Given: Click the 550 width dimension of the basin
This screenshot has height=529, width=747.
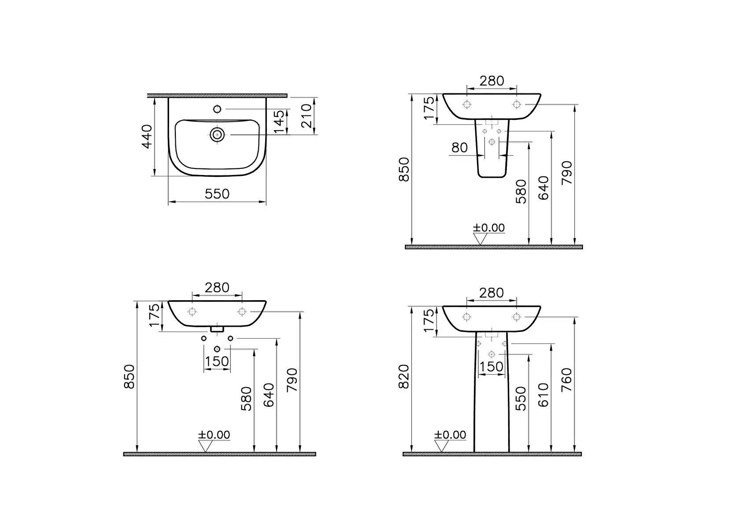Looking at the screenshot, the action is pyautogui.click(x=217, y=194).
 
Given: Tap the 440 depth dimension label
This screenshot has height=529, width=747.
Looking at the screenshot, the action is pyautogui.click(x=147, y=137).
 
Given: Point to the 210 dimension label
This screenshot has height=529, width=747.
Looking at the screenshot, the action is pyautogui.click(x=306, y=116).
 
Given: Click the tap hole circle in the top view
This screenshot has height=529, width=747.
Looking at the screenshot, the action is pyautogui.click(x=217, y=109).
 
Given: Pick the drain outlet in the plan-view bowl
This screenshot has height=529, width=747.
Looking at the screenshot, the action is pyautogui.click(x=217, y=134).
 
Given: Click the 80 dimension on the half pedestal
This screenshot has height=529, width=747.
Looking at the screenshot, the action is pyautogui.click(x=459, y=148).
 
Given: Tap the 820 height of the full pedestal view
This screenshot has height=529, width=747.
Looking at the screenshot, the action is pyautogui.click(x=404, y=376).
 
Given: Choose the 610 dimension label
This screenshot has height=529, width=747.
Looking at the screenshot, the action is pyautogui.click(x=544, y=395).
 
